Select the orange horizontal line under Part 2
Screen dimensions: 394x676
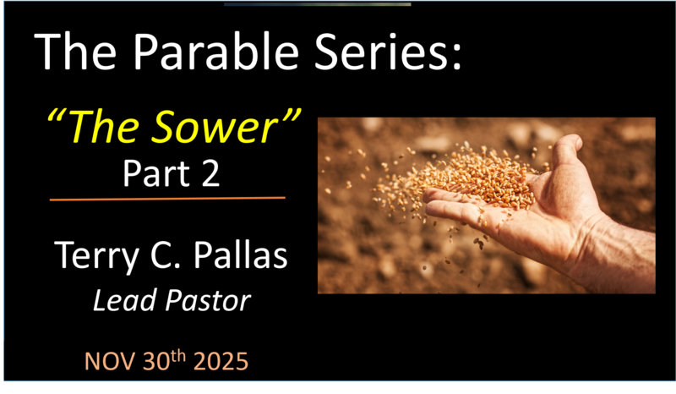point(167,199)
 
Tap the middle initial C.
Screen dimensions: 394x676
point(183,255)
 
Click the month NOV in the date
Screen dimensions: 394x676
point(109,362)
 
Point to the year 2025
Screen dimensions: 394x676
point(219,362)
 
